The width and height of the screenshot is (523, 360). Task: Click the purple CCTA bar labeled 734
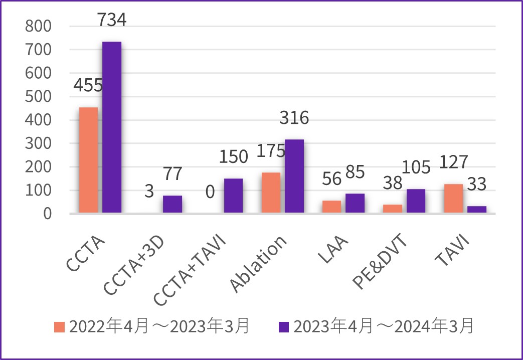112,127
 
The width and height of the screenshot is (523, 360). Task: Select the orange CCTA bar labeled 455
89,160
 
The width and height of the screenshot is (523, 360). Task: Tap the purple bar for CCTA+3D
172,205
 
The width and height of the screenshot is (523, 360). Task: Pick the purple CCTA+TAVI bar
233,196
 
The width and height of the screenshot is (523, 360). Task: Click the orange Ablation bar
271,193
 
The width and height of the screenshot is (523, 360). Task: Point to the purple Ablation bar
294,176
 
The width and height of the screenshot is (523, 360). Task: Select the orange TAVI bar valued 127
453,199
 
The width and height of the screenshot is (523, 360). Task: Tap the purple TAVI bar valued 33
477,210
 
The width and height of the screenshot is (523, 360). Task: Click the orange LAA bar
332,207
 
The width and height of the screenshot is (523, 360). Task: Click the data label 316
294,118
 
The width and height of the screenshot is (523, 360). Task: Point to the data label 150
233,156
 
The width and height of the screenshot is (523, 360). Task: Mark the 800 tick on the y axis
38,27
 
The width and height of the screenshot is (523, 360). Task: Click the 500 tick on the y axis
38,97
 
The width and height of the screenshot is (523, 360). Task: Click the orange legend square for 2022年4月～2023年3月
60,327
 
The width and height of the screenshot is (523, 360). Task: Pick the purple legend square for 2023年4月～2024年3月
283,327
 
